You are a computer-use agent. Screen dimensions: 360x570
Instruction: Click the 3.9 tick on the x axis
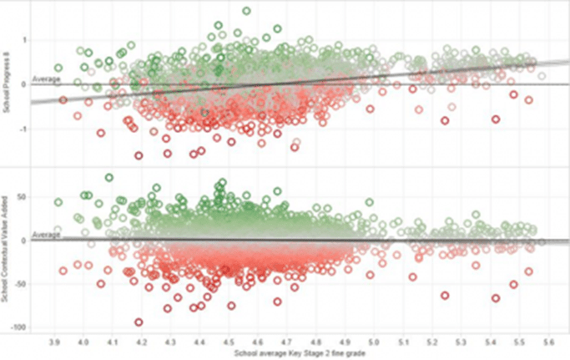click(55, 342)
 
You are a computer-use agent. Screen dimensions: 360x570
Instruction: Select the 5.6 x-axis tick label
click(547, 342)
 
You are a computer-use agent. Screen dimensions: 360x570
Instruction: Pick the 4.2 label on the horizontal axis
click(142, 342)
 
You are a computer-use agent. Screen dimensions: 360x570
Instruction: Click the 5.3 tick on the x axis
click(460, 342)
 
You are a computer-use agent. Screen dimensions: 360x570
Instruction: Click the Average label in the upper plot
click(43, 79)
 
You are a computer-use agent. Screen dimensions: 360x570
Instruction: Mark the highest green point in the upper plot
click(246, 11)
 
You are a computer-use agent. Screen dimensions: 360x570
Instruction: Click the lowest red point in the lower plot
click(139, 322)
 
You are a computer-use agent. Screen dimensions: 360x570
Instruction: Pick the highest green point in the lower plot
click(109, 177)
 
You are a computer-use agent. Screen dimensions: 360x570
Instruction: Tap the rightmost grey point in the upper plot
click(542, 76)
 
